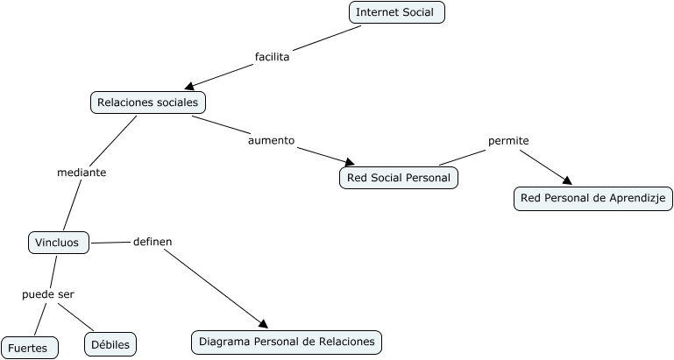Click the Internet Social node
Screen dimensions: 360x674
pyautogui.click(x=396, y=12)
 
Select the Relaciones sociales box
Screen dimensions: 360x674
pyautogui.click(x=147, y=102)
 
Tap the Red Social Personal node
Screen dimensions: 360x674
pyautogui.click(x=398, y=178)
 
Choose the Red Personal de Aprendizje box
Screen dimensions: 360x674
pyautogui.click(x=592, y=199)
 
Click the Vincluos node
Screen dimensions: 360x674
pyautogui.click(x=58, y=243)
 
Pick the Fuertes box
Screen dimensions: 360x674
pyautogui.click(x=28, y=348)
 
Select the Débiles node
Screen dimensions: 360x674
pyautogui.click(x=110, y=345)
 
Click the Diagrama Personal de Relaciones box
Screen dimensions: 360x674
pyautogui.click(x=287, y=342)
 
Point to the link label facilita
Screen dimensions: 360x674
pyautogui.click(x=272, y=57)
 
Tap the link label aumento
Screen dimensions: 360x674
pyautogui.click(x=271, y=140)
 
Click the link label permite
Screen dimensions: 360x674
pyautogui.click(x=508, y=141)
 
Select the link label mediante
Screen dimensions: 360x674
pyautogui.click(x=82, y=173)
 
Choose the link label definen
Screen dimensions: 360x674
pyautogui.click(x=153, y=241)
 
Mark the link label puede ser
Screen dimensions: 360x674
pyautogui.click(x=48, y=294)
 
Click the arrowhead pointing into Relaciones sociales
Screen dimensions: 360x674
pyautogui.click(x=189, y=86)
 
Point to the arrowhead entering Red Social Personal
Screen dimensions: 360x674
pyautogui.click(x=349, y=162)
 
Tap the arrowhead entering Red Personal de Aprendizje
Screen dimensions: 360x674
pyautogui.click(x=566, y=180)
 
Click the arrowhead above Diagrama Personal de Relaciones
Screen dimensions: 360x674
pyautogui.click(x=260, y=323)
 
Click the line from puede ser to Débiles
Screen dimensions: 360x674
pyautogui.click(x=76, y=316)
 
